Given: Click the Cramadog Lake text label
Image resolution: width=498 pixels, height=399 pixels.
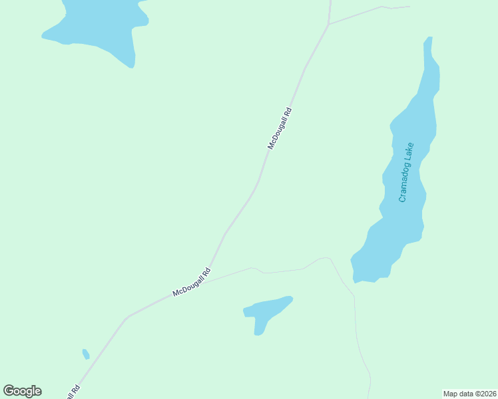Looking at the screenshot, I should [x=406, y=172].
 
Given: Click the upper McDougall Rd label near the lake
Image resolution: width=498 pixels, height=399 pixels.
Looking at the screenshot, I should [x=280, y=128].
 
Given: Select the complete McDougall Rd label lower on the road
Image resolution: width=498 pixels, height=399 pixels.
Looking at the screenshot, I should [x=192, y=282].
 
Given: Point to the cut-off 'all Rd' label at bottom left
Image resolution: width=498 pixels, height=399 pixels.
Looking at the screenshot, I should [x=72, y=392].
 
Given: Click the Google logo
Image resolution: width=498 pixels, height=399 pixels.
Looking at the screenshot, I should [x=22, y=391].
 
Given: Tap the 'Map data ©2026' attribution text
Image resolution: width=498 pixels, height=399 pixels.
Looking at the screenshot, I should [x=469, y=394].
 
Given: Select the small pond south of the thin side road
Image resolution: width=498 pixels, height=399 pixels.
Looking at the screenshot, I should [x=266, y=311].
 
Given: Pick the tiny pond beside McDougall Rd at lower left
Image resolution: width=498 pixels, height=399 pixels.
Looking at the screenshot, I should [x=85, y=354].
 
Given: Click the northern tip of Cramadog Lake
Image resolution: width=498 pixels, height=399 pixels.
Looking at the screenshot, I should [x=428, y=41].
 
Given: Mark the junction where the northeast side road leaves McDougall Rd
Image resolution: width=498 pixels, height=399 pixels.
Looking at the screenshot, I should [x=329, y=25].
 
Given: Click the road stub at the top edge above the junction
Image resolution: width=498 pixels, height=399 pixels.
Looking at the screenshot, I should [x=330, y=8].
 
